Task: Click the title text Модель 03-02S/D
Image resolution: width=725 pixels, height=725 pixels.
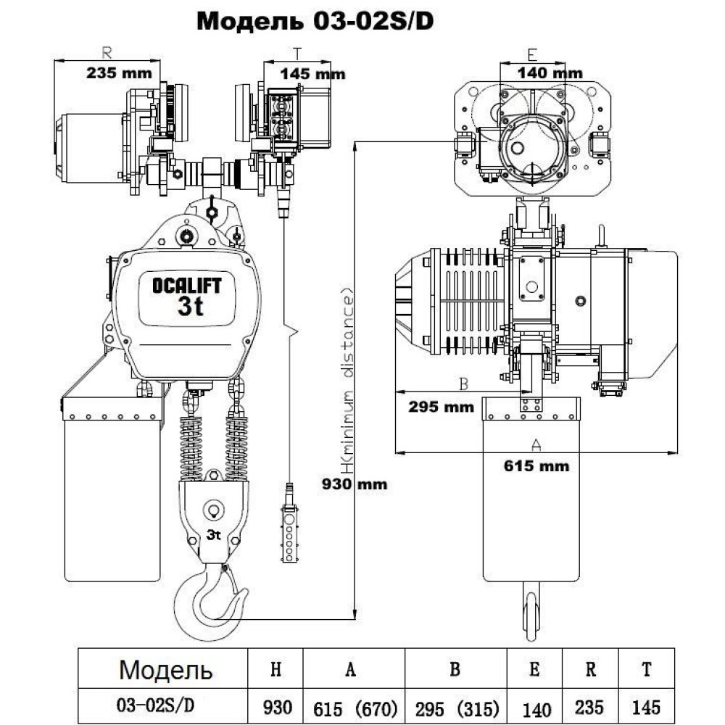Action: pos(315,21)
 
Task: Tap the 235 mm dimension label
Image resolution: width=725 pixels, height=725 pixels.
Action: pos(119,72)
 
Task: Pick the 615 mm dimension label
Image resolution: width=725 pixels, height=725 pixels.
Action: pos(536,465)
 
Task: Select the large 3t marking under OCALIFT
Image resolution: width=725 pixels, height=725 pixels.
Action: pos(190,306)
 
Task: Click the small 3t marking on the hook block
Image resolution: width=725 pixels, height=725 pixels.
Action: pos(214,536)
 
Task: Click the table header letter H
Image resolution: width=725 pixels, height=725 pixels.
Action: pos(275,669)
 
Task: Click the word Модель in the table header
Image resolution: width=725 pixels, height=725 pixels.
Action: pos(166,668)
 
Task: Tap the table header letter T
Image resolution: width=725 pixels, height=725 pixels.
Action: pos(646,669)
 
